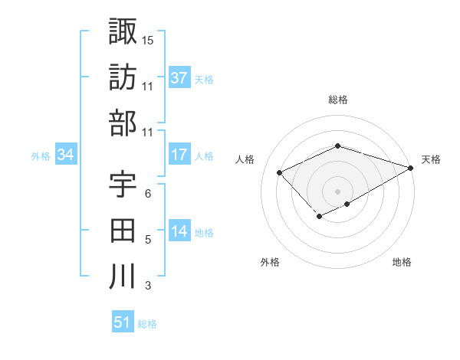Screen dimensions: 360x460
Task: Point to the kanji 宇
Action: click(x=123, y=184)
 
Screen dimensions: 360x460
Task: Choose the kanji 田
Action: click(x=123, y=230)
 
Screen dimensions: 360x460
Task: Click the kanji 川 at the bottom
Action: click(x=123, y=276)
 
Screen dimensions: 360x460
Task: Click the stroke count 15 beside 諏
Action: click(x=148, y=40)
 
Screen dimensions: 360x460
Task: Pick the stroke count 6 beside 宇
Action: click(x=148, y=193)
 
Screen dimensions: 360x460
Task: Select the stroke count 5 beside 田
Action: click(x=148, y=240)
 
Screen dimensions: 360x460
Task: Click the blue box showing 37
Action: click(x=179, y=78)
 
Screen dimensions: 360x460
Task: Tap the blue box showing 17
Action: click(x=179, y=155)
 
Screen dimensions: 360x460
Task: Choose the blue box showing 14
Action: click(x=179, y=232)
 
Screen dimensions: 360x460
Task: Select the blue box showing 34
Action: click(x=65, y=155)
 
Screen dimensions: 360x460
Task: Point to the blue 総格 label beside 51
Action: click(x=147, y=324)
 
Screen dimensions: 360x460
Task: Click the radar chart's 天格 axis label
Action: click(x=431, y=159)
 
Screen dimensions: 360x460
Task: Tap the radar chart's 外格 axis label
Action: click(x=270, y=262)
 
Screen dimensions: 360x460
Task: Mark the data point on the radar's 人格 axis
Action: click(x=280, y=172)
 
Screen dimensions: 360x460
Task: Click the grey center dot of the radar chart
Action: click(x=337, y=191)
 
